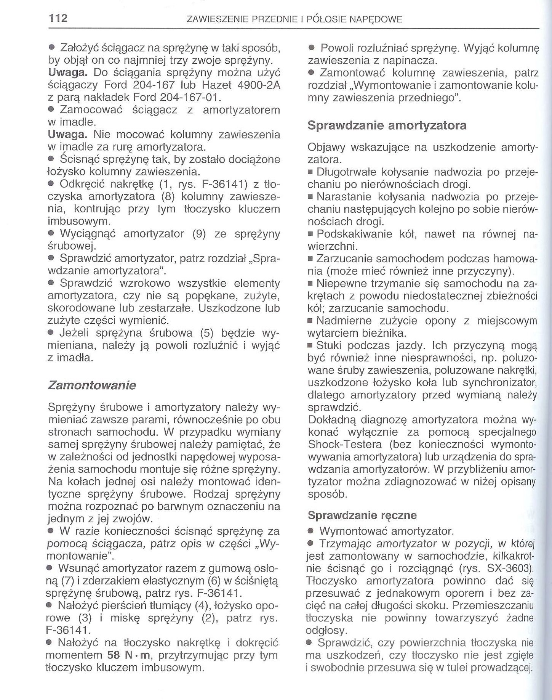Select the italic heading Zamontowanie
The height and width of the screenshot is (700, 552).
coord(91,385)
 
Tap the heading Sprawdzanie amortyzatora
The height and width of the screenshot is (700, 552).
coord(387,125)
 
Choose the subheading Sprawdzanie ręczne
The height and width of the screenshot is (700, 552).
coord(362,515)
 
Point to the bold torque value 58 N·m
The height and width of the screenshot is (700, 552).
coord(129,655)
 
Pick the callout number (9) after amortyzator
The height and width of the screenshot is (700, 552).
coord(199,234)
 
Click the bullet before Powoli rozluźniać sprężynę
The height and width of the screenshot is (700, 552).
coord(311,49)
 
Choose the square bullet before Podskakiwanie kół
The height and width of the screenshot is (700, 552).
coord(310,234)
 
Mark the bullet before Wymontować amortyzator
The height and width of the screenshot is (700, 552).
coord(310,531)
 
